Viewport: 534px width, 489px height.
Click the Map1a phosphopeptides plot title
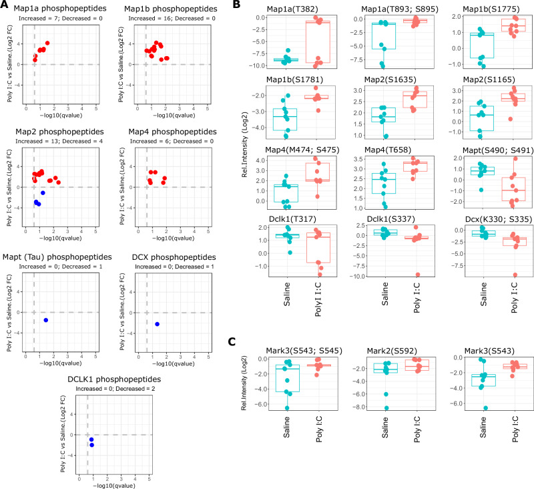click(60, 7)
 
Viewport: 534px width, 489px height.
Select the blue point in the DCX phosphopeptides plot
click(157, 324)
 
